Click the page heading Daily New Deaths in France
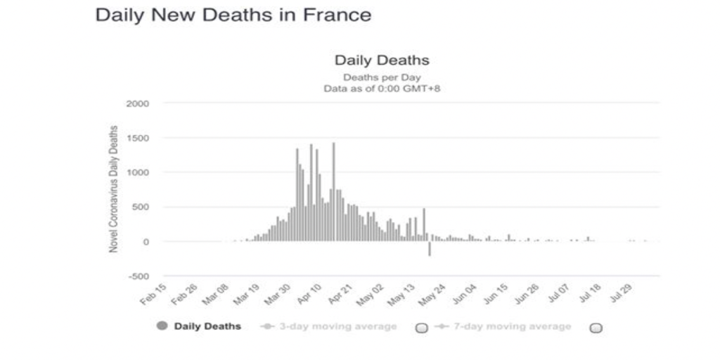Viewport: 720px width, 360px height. (233, 15)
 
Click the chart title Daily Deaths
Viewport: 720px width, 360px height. (382, 60)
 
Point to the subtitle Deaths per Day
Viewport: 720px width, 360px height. (382, 77)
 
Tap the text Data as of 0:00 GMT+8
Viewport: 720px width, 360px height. (382, 89)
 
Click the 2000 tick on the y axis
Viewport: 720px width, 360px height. (139, 103)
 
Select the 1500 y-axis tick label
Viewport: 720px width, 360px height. (139, 138)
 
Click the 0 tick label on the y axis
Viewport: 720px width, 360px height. (146, 242)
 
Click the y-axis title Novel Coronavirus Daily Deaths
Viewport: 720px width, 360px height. (112, 190)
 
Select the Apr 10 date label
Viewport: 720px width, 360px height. (310, 296)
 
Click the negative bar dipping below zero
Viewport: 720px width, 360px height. (429, 249)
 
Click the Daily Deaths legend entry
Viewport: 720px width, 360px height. (207, 326)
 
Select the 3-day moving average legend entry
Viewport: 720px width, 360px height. (338, 326)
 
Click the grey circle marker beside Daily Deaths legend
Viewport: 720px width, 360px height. (162, 326)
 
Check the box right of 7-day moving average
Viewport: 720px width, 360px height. (596, 327)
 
